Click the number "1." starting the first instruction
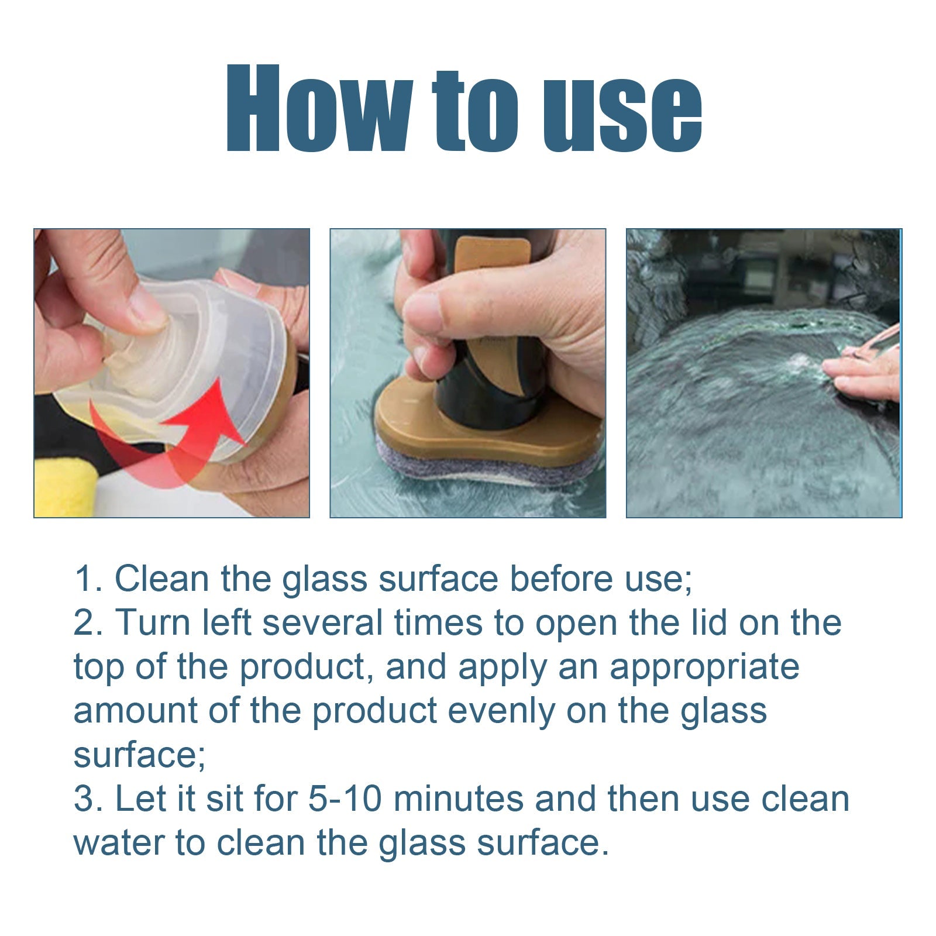(88, 579)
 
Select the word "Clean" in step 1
(161, 579)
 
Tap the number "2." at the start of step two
(89, 622)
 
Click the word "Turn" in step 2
(154, 622)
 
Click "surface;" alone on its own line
(139, 755)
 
